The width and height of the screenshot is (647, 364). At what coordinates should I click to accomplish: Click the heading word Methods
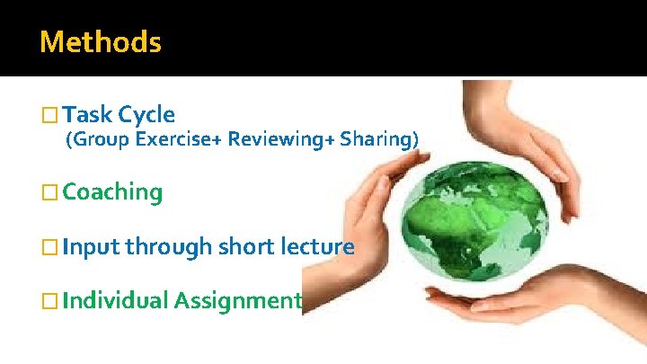click(101, 42)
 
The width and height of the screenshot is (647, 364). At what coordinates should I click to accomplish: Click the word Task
click(88, 114)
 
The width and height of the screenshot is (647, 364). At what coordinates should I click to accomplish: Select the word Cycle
click(146, 114)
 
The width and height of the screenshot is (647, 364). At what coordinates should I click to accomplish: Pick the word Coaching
click(113, 191)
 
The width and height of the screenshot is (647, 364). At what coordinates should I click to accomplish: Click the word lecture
click(321, 245)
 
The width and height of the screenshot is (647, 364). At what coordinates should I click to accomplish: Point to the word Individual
click(116, 300)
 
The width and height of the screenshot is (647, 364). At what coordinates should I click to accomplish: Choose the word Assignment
click(236, 301)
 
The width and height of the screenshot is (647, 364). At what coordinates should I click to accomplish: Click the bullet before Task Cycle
click(49, 115)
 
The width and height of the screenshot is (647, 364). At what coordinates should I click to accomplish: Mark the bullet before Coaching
click(49, 192)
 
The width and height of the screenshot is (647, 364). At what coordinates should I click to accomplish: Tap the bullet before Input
click(49, 246)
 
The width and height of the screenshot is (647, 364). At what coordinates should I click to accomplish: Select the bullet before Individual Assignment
click(49, 301)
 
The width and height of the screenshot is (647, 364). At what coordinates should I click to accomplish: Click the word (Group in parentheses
click(97, 139)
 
